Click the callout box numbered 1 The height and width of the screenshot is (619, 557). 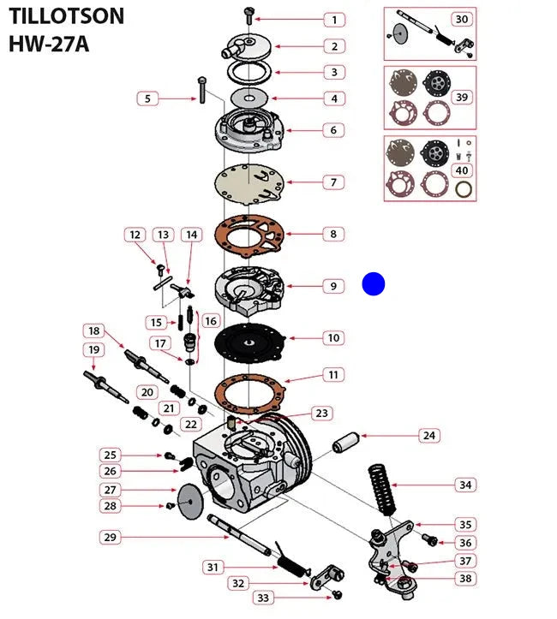[x=334, y=19]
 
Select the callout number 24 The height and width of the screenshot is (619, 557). [x=428, y=436]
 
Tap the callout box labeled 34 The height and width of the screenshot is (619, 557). [x=464, y=485]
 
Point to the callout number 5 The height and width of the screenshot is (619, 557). [x=147, y=98]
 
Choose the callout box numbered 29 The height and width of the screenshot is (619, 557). [x=109, y=538]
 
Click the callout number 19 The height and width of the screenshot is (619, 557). [x=93, y=349]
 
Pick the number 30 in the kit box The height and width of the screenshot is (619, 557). [x=461, y=19]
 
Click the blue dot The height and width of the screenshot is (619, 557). [x=374, y=284]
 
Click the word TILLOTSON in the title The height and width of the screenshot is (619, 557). [x=66, y=15]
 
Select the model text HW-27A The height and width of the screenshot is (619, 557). [x=49, y=43]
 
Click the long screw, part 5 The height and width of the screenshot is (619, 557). [x=201, y=89]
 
